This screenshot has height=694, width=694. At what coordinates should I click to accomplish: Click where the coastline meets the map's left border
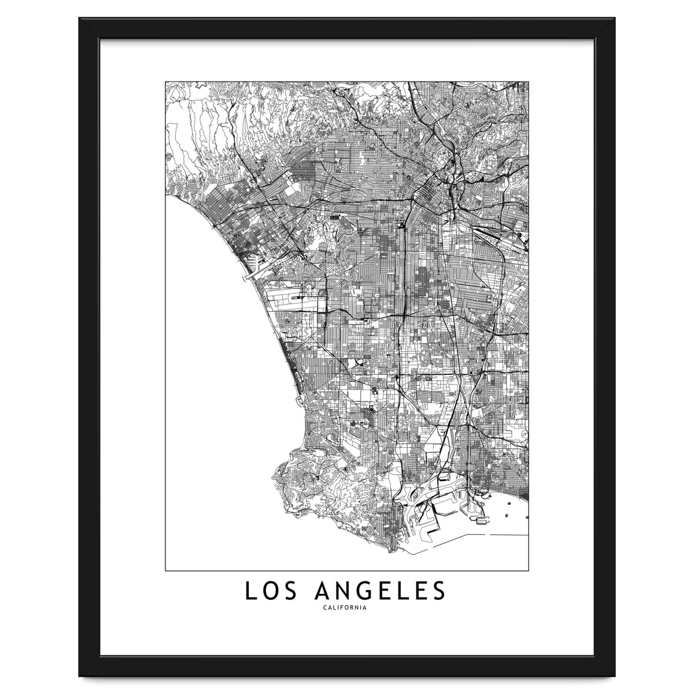(x=167, y=197)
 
